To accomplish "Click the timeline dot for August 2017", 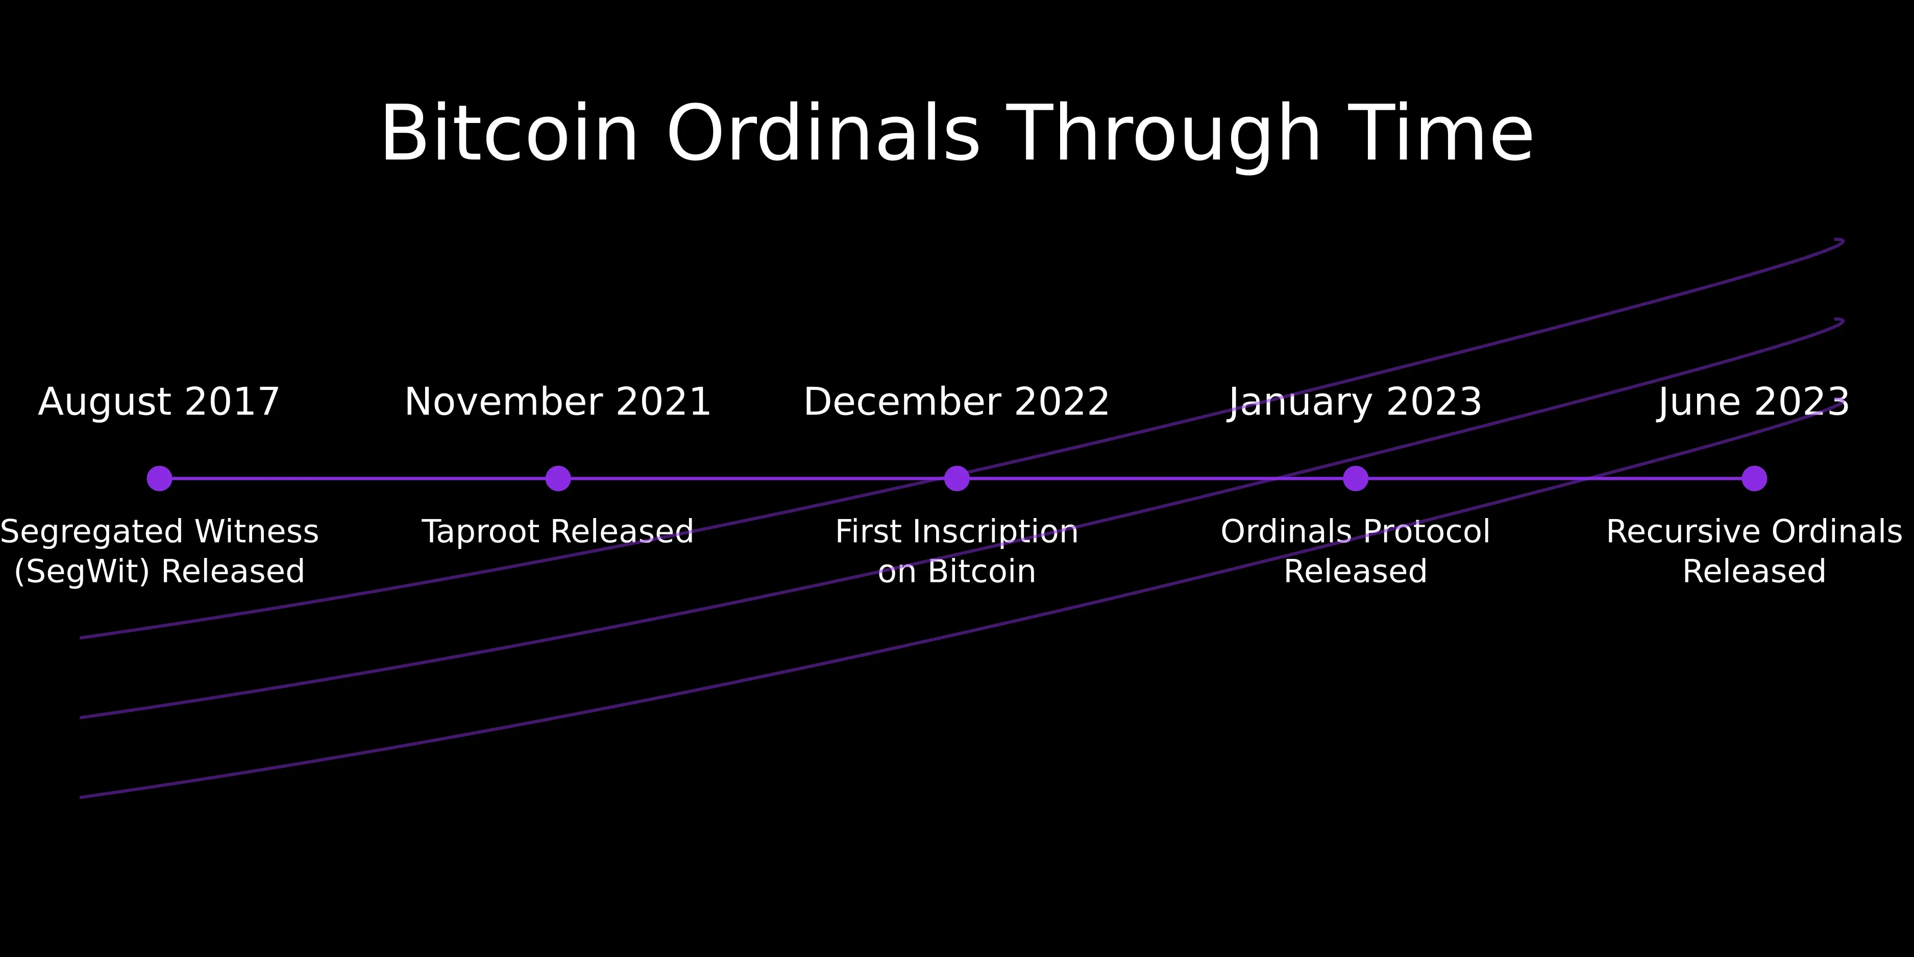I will click(x=159, y=479).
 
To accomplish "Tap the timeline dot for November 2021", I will click(x=558, y=479).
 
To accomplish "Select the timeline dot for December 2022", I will click(x=957, y=479).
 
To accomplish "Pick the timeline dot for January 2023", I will click(x=1355, y=479).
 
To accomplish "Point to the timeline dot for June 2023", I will click(x=1754, y=479).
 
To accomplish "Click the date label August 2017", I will click(x=159, y=402).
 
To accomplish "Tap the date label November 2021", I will click(x=558, y=402).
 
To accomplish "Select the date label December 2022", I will click(x=957, y=402).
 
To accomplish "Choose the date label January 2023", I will click(x=1355, y=402).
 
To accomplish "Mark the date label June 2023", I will click(x=1754, y=402).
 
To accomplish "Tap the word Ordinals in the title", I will click(x=823, y=134).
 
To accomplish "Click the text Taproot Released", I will click(x=558, y=532).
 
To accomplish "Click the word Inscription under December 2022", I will click(x=996, y=532).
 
